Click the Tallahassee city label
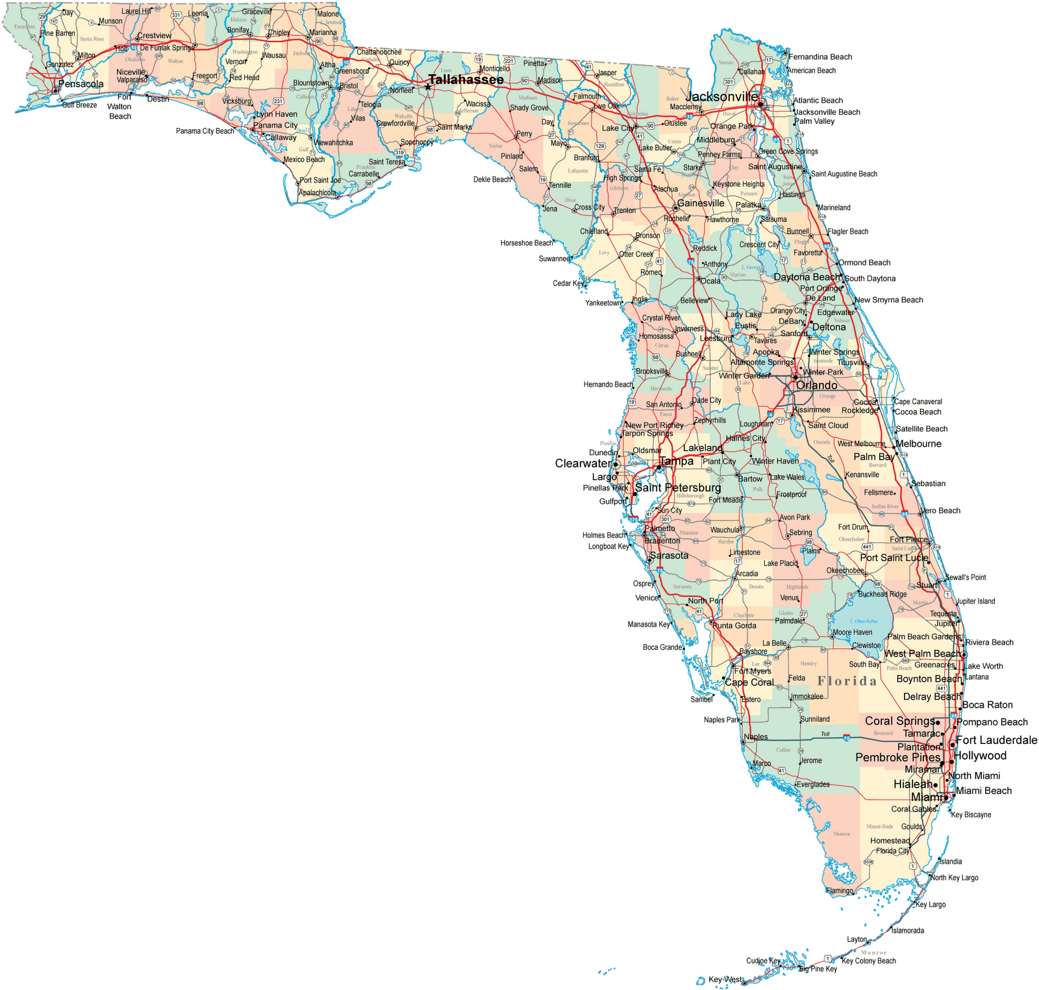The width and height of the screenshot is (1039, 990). point(466,79)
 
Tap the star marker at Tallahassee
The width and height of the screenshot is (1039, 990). point(428,86)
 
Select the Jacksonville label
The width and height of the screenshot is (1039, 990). point(722,97)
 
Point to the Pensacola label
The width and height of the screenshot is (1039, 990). point(81,84)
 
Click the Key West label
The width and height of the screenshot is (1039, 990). point(725,979)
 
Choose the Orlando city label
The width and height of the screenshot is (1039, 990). point(816,385)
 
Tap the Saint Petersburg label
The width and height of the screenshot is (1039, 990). point(678,488)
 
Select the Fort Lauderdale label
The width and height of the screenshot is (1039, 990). point(996,740)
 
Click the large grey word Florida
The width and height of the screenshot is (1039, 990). point(847,681)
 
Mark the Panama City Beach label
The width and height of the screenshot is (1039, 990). point(205,131)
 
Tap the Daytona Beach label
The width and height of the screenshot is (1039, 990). point(807,277)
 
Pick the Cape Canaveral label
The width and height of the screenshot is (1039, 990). point(918,402)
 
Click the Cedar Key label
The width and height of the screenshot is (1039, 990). point(568,283)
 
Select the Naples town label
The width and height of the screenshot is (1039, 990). point(756,737)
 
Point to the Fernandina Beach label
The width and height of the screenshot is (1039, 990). point(820,57)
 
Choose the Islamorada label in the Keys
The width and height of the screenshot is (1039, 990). point(907,930)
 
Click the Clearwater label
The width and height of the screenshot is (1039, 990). point(583,464)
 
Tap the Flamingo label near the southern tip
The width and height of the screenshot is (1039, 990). point(840,891)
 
